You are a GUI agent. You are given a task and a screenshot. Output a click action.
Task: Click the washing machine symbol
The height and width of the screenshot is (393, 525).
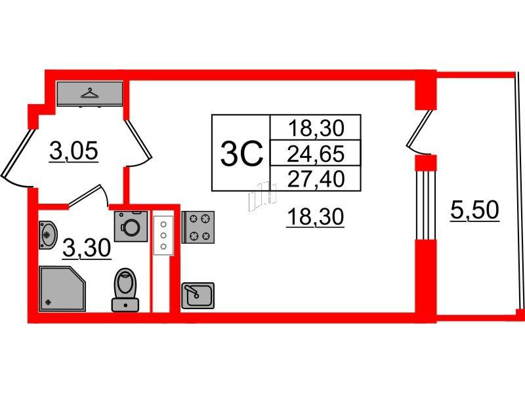(x=131, y=226)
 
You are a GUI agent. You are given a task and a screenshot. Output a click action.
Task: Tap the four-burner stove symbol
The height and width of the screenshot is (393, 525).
(x=198, y=227)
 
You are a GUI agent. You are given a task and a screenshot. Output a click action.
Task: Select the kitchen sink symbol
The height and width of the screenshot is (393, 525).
(x=198, y=295)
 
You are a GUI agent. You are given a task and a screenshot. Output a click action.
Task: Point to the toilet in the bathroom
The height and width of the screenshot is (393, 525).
(x=125, y=290)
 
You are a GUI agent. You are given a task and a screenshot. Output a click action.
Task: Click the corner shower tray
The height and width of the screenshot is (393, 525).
(x=62, y=289)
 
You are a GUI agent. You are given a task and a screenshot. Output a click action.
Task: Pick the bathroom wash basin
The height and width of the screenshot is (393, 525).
(x=47, y=235)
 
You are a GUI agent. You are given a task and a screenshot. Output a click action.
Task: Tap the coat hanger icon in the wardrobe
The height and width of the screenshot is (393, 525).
(x=90, y=93)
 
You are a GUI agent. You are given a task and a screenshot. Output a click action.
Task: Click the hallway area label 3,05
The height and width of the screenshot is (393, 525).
(x=74, y=151)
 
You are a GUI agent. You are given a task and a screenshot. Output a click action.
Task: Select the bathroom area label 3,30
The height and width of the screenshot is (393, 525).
(x=87, y=248)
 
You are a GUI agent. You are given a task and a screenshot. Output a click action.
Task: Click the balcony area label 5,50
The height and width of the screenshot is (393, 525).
(x=474, y=210)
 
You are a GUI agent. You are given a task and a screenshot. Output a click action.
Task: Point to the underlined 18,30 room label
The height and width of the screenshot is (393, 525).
(x=315, y=217)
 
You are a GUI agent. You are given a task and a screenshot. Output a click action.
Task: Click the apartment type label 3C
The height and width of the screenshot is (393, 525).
(x=241, y=154)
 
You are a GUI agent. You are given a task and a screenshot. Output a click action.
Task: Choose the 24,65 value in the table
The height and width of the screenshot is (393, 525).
(x=316, y=154)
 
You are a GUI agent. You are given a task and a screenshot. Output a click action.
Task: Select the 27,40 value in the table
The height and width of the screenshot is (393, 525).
(x=316, y=179)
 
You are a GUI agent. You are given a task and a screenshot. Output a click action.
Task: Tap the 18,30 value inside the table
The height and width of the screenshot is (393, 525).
(x=316, y=128)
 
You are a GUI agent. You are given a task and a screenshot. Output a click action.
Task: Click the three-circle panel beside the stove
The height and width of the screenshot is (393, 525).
(x=163, y=236)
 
